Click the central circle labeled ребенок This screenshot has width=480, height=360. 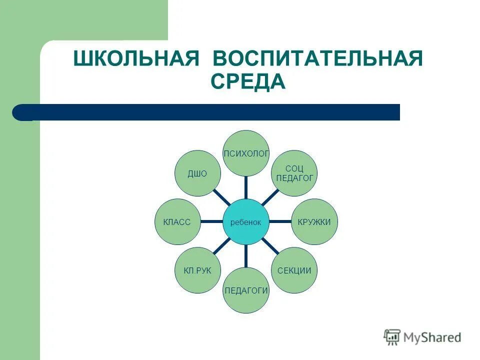coord(245,221)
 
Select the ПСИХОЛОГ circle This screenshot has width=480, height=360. coord(245,153)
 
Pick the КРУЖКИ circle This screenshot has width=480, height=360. coord(314,221)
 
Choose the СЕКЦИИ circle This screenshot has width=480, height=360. coord(294,270)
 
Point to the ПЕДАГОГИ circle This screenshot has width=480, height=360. coord(245,290)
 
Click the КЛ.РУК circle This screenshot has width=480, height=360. coord(197,270)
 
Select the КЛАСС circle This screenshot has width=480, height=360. coord(177,221)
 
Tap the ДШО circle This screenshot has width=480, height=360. coord(197,173)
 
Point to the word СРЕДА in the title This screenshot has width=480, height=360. coord(248,81)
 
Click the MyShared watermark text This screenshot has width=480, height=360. coord(432,337)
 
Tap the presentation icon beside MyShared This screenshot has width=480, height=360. coord(392,337)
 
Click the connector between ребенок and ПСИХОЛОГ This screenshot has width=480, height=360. coord(245,187)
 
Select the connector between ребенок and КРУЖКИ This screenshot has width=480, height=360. coord(280,221)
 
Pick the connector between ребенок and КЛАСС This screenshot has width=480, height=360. coord(211,221)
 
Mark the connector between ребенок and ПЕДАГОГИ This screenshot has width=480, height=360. coord(245,256)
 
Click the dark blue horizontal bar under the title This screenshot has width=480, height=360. coord(210,112)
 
